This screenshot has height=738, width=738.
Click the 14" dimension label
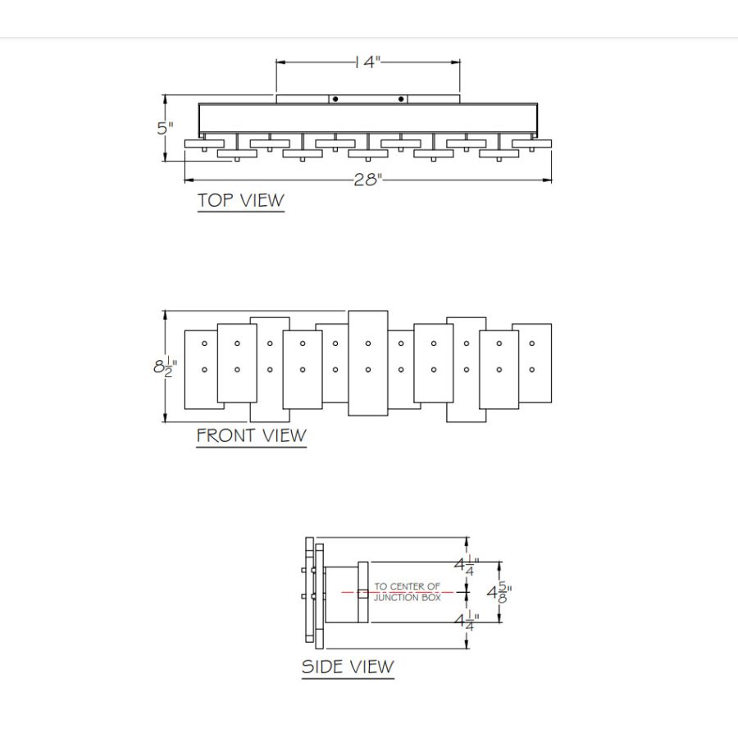[x=367, y=61]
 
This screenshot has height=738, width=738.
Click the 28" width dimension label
[x=368, y=180]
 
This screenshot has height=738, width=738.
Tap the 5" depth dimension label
[x=165, y=128]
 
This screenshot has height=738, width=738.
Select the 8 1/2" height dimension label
[x=165, y=367]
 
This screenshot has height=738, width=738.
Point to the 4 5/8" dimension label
[x=499, y=592]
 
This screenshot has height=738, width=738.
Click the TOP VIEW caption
[x=241, y=201]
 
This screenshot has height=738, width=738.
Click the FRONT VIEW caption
[x=252, y=435]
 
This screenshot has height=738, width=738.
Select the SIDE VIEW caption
[x=348, y=667]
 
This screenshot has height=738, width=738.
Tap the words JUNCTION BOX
[x=407, y=598]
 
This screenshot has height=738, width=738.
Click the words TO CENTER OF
[x=407, y=586]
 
